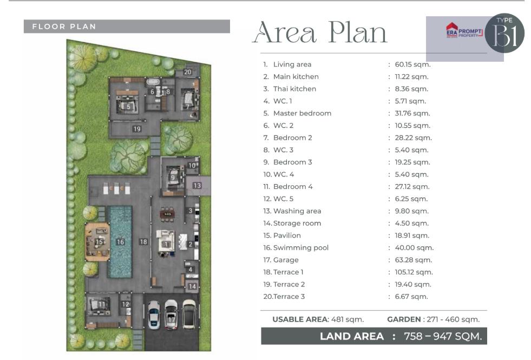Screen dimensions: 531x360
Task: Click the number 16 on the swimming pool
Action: click(120, 242)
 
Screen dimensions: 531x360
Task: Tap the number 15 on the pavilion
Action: click(99, 242)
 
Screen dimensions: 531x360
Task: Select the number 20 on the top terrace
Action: click(188, 72)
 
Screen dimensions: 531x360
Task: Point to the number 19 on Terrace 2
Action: click(137, 129)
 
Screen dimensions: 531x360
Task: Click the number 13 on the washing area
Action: click(197, 185)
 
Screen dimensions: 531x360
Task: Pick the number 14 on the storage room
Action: click(192, 286)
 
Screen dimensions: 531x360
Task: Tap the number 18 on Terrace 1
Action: click(143, 241)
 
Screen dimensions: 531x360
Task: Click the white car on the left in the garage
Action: click(154, 315)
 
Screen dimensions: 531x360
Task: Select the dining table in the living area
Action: click(167, 214)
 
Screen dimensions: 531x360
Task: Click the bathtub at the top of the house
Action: click(153, 82)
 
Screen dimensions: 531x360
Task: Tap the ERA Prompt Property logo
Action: click(464, 31)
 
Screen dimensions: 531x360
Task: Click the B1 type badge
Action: click(504, 33)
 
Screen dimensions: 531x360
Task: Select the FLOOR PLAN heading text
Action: click(64, 27)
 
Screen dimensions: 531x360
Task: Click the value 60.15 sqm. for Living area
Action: click(412, 64)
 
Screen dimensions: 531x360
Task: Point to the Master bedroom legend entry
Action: click(297, 113)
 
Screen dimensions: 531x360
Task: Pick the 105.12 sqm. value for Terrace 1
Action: click(414, 272)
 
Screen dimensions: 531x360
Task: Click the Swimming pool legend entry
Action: click(296, 247)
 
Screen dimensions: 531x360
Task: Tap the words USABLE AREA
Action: click(300, 319)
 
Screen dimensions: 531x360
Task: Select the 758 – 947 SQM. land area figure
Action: click(443, 336)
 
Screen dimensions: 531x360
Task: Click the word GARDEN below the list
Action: click(404, 319)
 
